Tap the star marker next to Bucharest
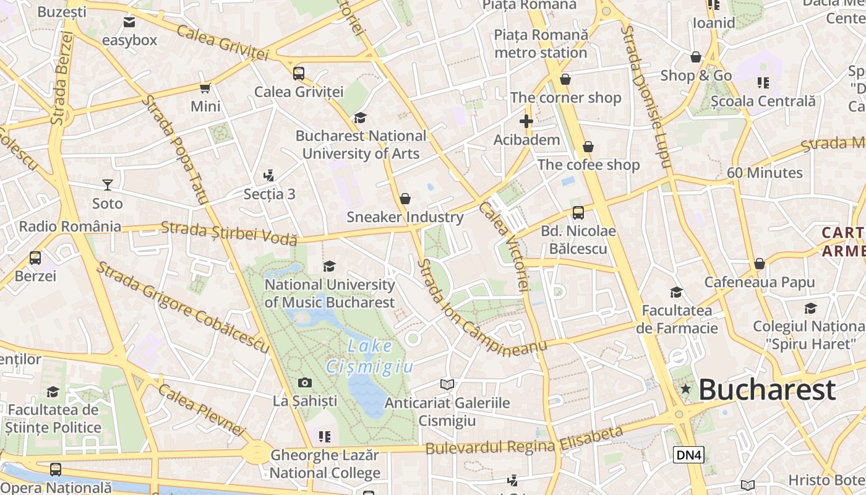point(685,389)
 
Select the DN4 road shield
point(688,455)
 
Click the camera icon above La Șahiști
point(305,383)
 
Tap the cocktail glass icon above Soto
point(108,185)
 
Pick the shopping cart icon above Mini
point(205,88)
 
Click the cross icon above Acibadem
point(526,121)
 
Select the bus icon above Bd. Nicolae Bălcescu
point(578,213)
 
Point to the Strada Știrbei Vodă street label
point(229,233)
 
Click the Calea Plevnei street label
point(202,409)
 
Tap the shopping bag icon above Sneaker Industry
point(405,199)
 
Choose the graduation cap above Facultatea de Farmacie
point(677,292)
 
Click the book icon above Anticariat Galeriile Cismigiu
point(447,385)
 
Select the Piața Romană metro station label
point(541,43)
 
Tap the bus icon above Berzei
point(35,258)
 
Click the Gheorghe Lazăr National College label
point(325,465)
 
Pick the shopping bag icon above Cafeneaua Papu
point(760,264)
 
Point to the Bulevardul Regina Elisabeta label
point(524,441)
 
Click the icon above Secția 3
point(268,176)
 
